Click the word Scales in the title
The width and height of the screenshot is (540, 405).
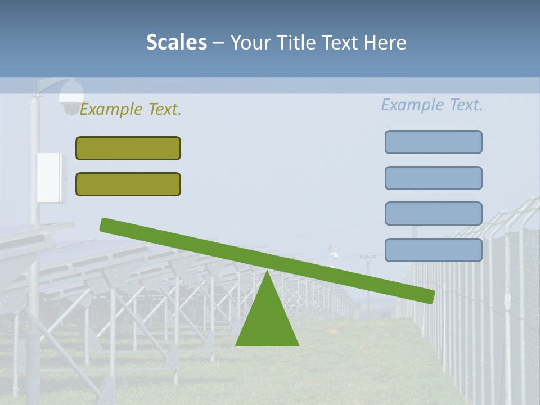pos(176,42)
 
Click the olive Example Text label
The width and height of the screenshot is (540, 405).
pos(130,110)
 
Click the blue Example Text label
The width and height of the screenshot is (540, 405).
pos(432,105)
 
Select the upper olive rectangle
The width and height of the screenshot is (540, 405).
pos(128,148)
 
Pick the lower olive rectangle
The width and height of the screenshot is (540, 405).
pos(128,184)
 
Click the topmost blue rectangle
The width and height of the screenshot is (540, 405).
pos(433,142)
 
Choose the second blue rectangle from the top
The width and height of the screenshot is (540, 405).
pos(433,178)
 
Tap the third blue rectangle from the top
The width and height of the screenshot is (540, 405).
pos(433,213)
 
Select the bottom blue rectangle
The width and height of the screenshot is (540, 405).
pos(433,250)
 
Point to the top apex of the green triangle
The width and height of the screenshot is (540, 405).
pos(267,272)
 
